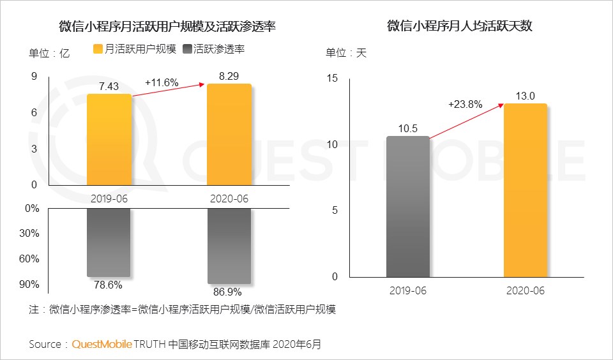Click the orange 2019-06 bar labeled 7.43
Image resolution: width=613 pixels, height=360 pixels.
[x=109, y=140]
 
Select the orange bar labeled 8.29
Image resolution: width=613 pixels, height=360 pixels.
[x=229, y=135]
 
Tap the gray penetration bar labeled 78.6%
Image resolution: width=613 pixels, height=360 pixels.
[x=109, y=242]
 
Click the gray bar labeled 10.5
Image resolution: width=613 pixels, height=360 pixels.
[x=408, y=207]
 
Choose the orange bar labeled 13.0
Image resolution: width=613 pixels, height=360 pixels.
[x=526, y=190]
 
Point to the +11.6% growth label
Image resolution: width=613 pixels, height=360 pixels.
[x=162, y=82]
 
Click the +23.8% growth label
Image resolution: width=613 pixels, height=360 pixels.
[x=464, y=105]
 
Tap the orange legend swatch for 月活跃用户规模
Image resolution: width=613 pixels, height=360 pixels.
[x=98, y=49]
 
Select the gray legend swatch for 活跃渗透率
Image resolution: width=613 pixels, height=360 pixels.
[x=187, y=49]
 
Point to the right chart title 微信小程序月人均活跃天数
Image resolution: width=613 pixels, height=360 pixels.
[x=460, y=26]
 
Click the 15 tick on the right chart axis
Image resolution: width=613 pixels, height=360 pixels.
[x=332, y=78]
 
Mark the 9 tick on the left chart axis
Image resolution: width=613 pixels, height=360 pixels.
[x=34, y=77]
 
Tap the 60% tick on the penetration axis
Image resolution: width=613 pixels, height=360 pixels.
[x=30, y=259]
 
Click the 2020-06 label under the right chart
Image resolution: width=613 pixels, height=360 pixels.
[x=526, y=291]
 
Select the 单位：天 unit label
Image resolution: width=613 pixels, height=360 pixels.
[x=346, y=53]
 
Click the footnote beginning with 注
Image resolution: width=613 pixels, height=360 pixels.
[x=183, y=310]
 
